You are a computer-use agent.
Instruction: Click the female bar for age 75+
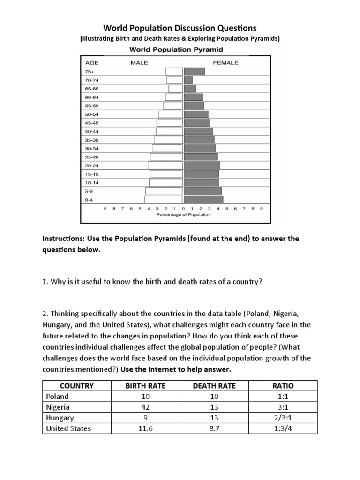click(195, 72)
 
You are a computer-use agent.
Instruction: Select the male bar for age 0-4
click(164, 199)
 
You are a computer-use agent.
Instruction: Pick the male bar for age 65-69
click(176, 89)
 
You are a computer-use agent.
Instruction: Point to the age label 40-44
click(91, 131)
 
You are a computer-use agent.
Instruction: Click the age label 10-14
click(91, 182)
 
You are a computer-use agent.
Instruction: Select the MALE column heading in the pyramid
click(139, 62)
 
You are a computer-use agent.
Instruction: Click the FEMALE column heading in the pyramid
click(225, 62)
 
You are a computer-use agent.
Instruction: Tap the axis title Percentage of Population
click(183, 215)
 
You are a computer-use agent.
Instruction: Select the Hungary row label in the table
click(60, 418)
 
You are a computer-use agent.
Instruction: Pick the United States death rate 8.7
click(215, 428)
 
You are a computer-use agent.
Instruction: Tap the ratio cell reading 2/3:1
click(283, 418)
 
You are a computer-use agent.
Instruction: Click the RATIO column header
click(283, 386)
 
